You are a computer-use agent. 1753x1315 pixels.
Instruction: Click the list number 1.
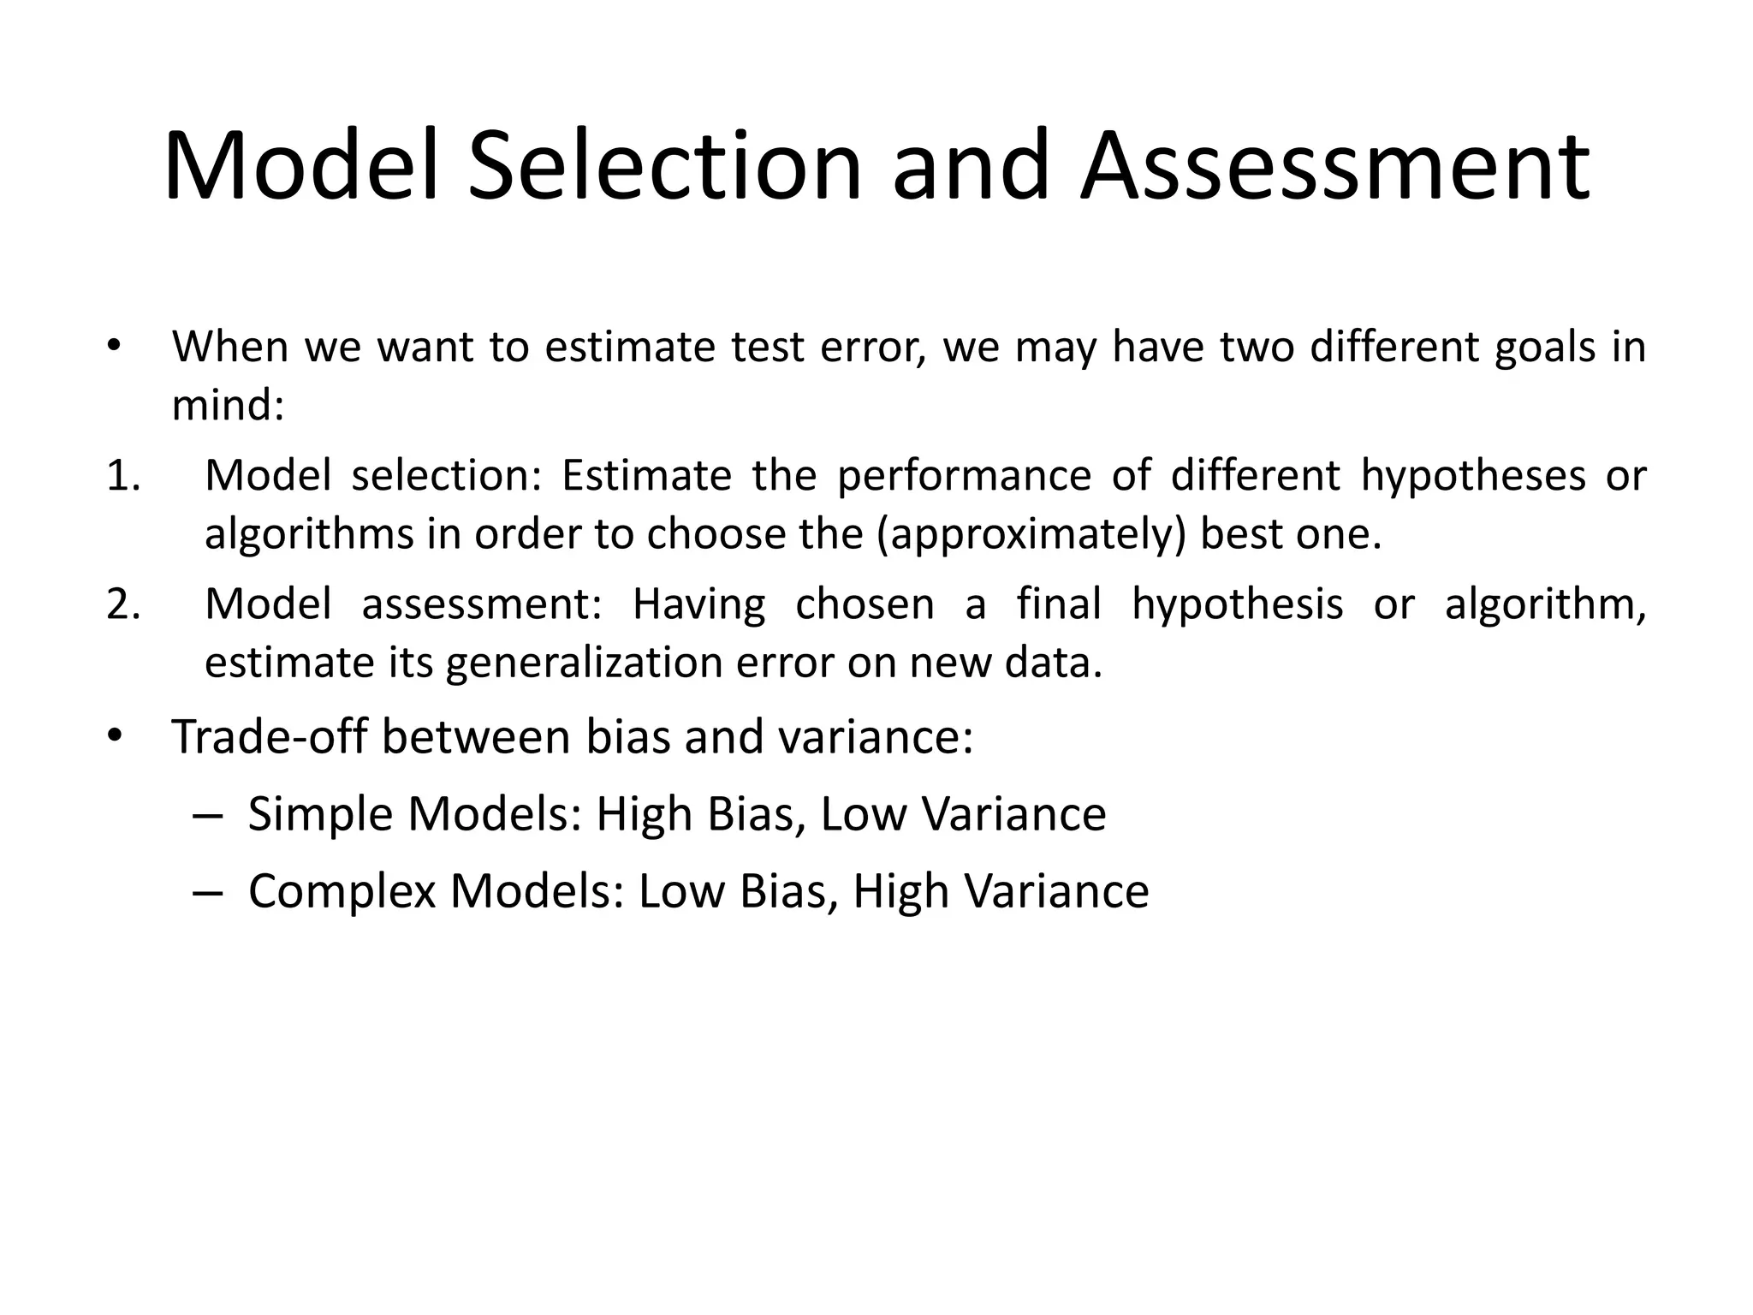click(x=123, y=476)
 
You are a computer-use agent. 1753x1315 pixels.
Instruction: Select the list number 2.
click(x=123, y=604)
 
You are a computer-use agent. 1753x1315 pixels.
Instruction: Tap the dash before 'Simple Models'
click(x=208, y=815)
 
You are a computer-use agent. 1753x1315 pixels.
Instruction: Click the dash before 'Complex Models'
click(x=208, y=892)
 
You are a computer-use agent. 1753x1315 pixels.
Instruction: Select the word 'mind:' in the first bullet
click(x=228, y=405)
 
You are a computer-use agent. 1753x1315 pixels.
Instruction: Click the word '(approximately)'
click(x=1032, y=534)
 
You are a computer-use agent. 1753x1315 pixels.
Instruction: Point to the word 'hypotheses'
click(x=1472, y=476)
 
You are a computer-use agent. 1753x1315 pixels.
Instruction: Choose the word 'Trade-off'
click(x=269, y=736)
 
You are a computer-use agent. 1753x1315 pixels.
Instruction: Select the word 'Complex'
click(x=342, y=891)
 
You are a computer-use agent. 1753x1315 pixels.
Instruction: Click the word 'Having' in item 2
click(x=698, y=604)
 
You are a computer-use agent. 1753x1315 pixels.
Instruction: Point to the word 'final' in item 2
click(x=1059, y=604)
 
